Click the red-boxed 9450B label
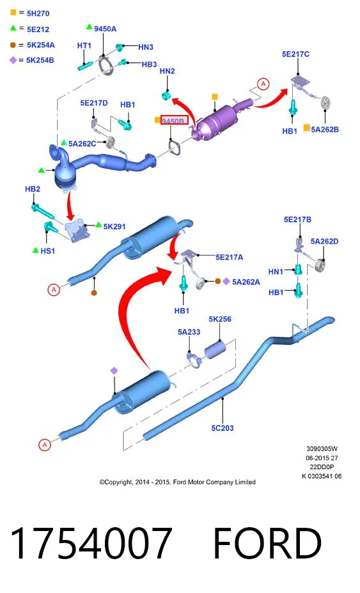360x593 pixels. pos(174,121)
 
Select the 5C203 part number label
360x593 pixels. pos(223,428)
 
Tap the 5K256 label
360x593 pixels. pos(220,320)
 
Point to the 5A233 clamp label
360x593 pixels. pos(189,332)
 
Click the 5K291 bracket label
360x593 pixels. pos(114,227)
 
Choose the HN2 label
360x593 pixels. pos(168,71)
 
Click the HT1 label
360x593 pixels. pos(84,46)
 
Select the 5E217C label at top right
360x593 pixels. pos(295,54)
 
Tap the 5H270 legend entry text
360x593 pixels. pos(38,13)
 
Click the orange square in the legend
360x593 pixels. pos(13,13)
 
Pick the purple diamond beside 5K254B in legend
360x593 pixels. pos(13,60)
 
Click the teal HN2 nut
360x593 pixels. pos(166,95)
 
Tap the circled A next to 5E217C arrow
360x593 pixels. pos(263,84)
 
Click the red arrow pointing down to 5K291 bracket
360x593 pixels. pos(70,206)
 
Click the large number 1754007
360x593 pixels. pos(91,543)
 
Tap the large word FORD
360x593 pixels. pos(267,543)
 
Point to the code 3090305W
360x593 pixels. pos(322,449)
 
